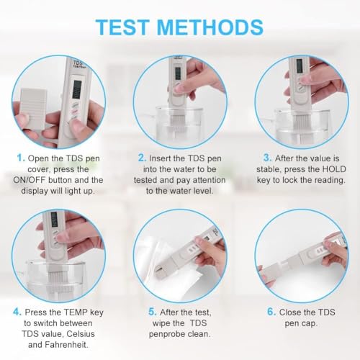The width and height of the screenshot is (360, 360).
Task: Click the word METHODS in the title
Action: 216,27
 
